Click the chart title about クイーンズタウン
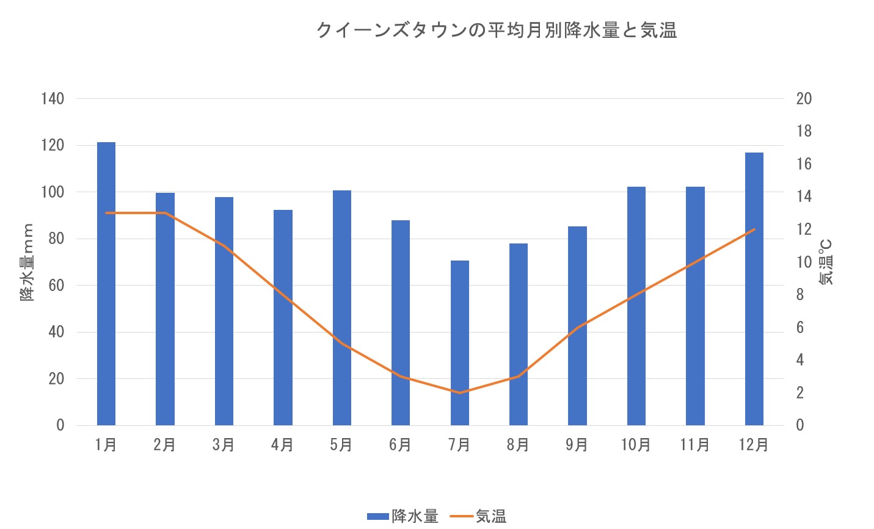pos(497,31)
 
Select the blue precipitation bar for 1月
pos(106,284)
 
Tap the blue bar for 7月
pos(460,343)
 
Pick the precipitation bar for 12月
pos(754,289)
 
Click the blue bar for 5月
pos(342,308)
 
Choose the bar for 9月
pos(577,326)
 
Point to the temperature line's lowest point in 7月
pos(460,392)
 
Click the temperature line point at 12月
pos(754,229)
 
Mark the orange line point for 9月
pos(577,328)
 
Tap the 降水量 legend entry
pos(403,516)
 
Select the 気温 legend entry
pos(479,516)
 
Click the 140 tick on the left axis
pos(53,99)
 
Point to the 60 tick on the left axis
pos(56,286)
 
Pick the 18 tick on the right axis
pos(804,131)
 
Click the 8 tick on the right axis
pos(800,295)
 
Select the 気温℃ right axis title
pos(826,262)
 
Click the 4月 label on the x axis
pos(283,445)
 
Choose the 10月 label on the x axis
pos(636,445)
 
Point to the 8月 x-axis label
pos(518,445)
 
